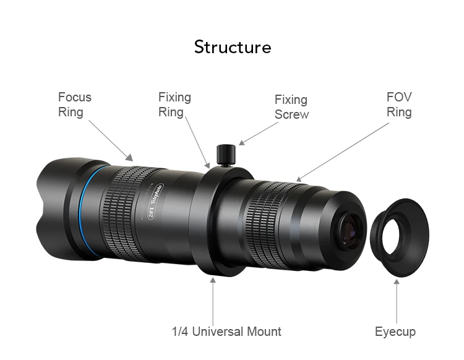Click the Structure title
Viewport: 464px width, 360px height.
(x=233, y=47)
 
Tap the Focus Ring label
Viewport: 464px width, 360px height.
(x=75, y=105)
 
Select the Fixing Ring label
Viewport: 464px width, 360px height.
(x=174, y=105)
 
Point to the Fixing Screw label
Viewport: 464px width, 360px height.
(x=292, y=107)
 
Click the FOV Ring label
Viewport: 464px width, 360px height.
(x=399, y=105)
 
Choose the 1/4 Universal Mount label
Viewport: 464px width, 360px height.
(x=226, y=332)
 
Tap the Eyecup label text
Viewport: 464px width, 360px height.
(x=395, y=332)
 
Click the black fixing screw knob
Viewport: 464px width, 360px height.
(x=226, y=154)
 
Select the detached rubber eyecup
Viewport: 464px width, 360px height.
(x=400, y=238)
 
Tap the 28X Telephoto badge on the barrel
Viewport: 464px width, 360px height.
(x=155, y=201)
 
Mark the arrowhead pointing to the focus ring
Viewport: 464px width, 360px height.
(x=129, y=157)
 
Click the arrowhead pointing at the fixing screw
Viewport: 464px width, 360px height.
(x=242, y=143)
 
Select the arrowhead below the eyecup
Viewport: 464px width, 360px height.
(x=397, y=281)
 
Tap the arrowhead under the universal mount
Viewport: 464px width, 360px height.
(x=213, y=280)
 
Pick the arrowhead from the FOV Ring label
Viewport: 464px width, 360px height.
(x=299, y=179)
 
